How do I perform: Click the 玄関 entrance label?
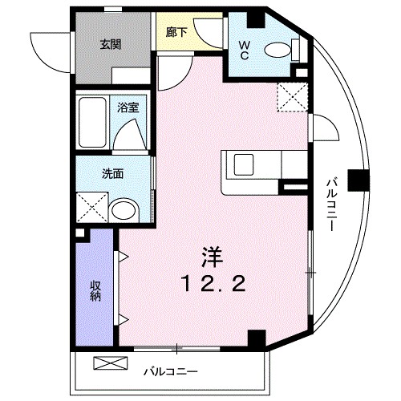pyautogui.click(x=111, y=45)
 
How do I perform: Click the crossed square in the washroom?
pyautogui.click(x=92, y=207)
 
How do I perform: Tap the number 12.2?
pyautogui.click(x=210, y=282)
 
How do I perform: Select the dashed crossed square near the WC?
pyautogui.click(x=290, y=98)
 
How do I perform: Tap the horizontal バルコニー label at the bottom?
pyautogui.click(x=170, y=371)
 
